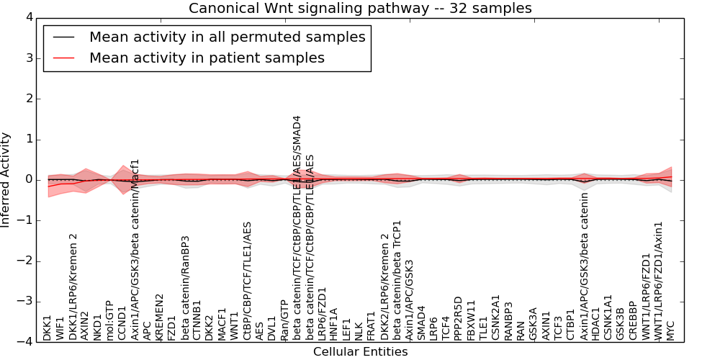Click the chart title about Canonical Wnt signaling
360,9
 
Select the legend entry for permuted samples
227,37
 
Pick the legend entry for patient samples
207,58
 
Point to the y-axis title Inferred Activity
6,180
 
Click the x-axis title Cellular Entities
360,352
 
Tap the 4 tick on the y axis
28,17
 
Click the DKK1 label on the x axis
48,328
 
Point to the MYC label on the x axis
671,330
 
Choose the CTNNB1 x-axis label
197,320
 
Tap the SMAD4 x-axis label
421,323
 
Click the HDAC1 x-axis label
596,324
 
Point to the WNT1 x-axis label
233,325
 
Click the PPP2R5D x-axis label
458,318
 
